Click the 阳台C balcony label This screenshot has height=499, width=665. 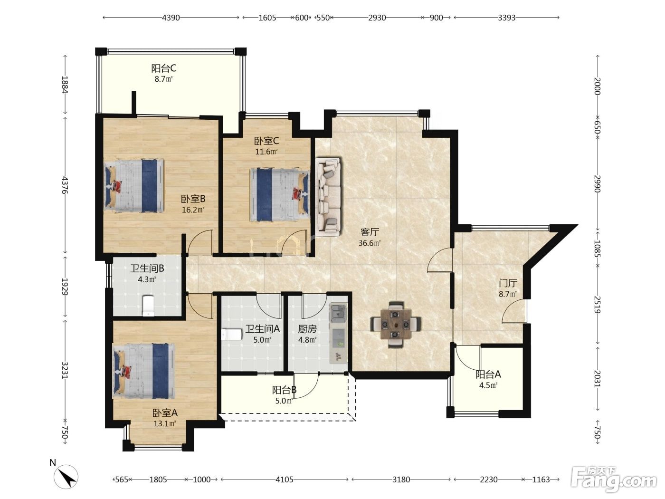click(x=163, y=68)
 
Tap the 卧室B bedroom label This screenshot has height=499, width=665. click(x=193, y=199)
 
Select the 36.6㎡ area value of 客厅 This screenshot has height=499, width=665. click(x=369, y=243)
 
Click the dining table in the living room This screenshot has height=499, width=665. click(x=396, y=324)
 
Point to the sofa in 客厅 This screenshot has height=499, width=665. click(x=328, y=196)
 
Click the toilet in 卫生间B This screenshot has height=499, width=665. click(x=148, y=306)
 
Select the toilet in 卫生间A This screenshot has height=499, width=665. click(x=232, y=335)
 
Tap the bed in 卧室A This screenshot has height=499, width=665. click(x=144, y=371)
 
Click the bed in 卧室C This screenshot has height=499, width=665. click(x=280, y=195)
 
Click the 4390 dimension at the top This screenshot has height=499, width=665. click(x=171, y=18)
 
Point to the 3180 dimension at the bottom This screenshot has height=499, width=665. click(x=401, y=480)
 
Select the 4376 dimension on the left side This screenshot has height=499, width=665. click(x=65, y=185)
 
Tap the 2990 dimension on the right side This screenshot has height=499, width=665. click(x=597, y=183)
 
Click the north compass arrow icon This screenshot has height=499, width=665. click(x=66, y=476)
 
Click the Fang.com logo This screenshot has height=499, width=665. click(x=614, y=480)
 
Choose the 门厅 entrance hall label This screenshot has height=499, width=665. click(x=508, y=283)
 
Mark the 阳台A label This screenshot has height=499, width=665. click(x=488, y=374)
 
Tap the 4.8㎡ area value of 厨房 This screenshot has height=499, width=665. click(x=307, y=340)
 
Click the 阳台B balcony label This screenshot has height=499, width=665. click(x=284, y=390)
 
